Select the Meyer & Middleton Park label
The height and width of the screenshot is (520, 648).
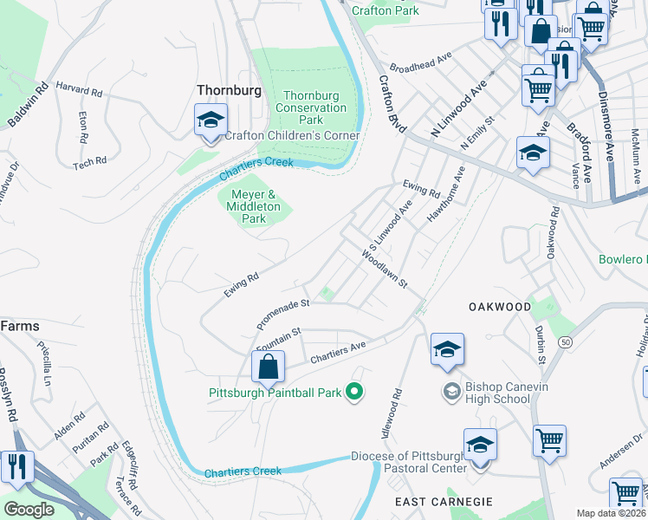(x=253, y=207)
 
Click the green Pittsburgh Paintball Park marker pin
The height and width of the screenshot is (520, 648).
(x=353, y=393)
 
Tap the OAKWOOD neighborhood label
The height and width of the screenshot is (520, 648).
(x=499, y=307)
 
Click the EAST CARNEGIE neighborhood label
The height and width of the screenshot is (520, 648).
(x=444, y=502)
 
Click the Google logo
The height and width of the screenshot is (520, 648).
(x=29, y=510)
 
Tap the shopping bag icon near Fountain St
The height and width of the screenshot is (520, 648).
(x=269, y=367)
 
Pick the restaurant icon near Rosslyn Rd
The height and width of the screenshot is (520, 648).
(x=17, y=466)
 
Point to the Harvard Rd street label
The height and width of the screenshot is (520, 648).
(x=79, y=88)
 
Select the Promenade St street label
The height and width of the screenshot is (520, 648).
(x=283, y=315)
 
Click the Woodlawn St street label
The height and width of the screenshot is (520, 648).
(x=386, y=271)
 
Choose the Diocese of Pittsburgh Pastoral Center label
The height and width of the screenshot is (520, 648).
(x=420, y=463)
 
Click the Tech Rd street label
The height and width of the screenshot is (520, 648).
(x=89, y=161)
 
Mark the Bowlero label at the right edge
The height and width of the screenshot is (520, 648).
(x=623, y=259)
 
